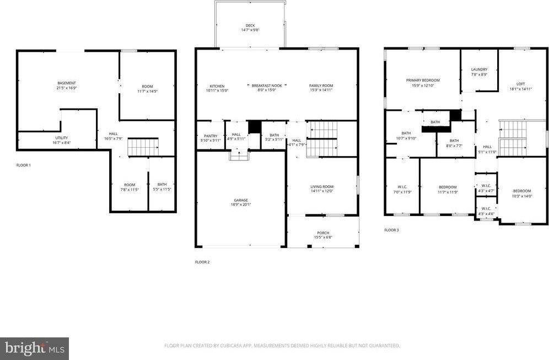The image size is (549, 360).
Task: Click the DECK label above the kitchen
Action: tap(250, 25)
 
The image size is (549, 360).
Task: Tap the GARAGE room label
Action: tap(240, 200)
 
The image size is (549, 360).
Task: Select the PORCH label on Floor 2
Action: tap(322, 233)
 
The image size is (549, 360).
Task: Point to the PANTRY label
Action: tap(210, 136)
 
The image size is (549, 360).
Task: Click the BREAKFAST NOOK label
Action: tap(267, 86)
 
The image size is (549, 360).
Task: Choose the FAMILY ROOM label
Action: tap(321, 86)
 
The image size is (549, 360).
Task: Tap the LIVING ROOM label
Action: tap(322, 187)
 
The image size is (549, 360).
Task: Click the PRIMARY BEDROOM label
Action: tap(423, 80)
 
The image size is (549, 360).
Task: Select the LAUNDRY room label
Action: tap(479, 69)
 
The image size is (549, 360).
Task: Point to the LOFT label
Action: tap(520, 84)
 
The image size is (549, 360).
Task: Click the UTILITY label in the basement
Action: tap(61, 138)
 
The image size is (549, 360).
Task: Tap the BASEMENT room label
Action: tap(66, 83)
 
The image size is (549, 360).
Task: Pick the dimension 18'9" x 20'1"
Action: tap(240, 205)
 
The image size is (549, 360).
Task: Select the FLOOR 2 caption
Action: tap(202, 262)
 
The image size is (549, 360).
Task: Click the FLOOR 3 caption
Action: tap(391, 230)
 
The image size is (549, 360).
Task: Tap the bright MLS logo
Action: tap(34, 348)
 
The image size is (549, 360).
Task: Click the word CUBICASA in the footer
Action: tap(225, 346)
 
